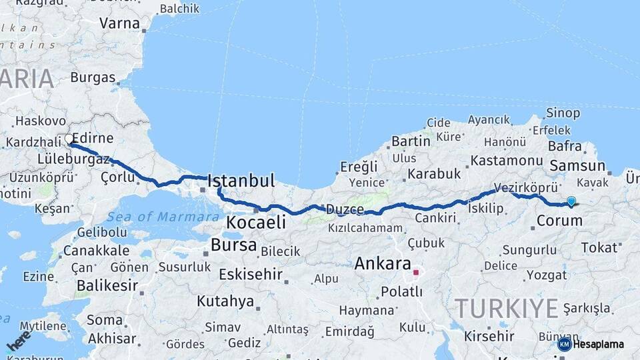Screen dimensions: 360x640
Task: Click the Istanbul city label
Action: pyautogui.click(x=241, y=181)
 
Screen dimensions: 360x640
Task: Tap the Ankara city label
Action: pyautogui.click(x=382, y=263)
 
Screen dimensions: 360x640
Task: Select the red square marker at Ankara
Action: pyautogui.click(x=416, y=273)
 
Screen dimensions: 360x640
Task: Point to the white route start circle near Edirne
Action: pyautogui.click(x=69, y=139)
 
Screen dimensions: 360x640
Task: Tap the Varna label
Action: pyautogui.click(x=119, y=23)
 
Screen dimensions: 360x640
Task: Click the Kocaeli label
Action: pyautogui.click(x=256, y=222)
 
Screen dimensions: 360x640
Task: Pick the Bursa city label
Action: pyautogui.click(x=233, y=245)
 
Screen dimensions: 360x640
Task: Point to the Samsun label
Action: pyautogui.click(x=577, y=167)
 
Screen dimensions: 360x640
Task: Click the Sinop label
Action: pyautogui.click(x=563, y=113)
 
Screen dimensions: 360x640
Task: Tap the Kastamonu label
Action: pyautogui.click(x=506, y=161)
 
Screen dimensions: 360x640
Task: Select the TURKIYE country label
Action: pyautogui.click(x=506, y=309)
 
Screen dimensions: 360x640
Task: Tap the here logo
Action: pyautogui.click(x=19, y=341)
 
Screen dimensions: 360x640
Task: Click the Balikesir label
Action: pyautogui.click(x=107, y=286)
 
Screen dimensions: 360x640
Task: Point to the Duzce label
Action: pyautogui.click(x=344, y=210)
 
